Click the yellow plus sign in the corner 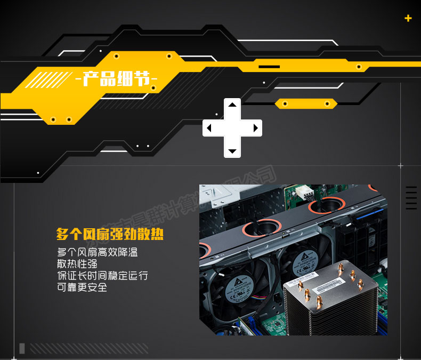(x=408, y=18)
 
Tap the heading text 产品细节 (x=117, y=80)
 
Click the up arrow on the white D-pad (x=232, y=105)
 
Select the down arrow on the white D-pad (x=232, y=151)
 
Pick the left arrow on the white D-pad (x=209, y=128)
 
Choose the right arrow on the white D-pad (x=255, y=128)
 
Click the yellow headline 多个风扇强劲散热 (x=110, y=234)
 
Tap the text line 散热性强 (x=77, y=263)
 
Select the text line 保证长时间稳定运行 (x=102, y=276)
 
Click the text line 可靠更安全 (x=82, y=287)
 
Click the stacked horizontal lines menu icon (x=411, y=198)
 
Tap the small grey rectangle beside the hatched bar (x=22, y=348)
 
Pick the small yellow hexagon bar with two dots (x=306, y=103)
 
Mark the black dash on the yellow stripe (x=269, y=67)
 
